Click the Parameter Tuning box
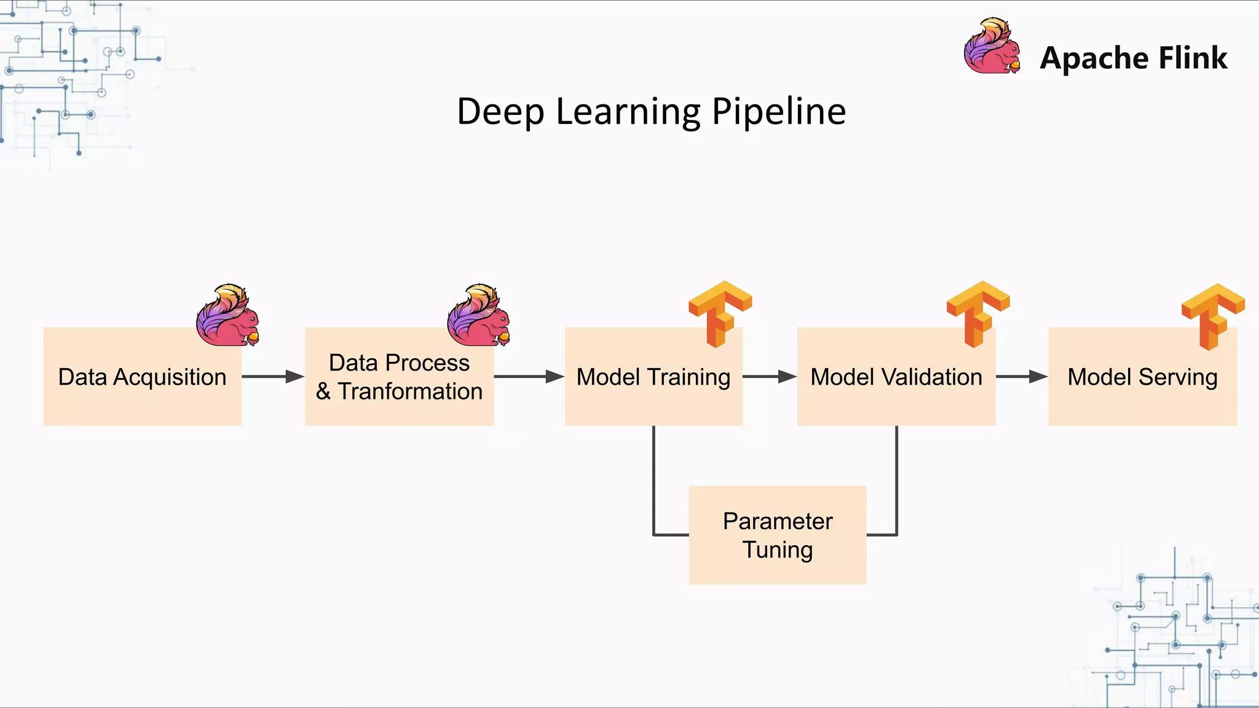click(777, 535)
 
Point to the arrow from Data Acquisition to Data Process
click(273, 377)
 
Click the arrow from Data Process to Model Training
click(529, 377)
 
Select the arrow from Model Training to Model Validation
click(769, 377)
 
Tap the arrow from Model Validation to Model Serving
click(1021, 377)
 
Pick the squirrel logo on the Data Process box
click(479, 315)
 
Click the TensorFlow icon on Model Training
click(720, 313)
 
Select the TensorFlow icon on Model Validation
click(977, 313)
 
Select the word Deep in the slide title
click(500, 112)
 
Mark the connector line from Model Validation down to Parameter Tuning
click(896, 479)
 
